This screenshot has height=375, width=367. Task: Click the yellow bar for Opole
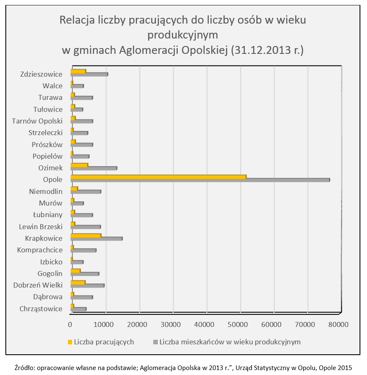158,177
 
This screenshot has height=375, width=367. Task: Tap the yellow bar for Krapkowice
86,236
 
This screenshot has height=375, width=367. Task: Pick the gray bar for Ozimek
94,168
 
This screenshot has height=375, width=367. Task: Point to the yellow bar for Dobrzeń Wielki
78,283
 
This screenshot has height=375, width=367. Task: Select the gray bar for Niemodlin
86,192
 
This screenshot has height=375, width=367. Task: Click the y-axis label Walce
52,86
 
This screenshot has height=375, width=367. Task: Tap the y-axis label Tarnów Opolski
37,121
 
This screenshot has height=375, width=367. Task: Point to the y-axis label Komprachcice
40,250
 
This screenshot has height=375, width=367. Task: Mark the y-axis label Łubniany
48,215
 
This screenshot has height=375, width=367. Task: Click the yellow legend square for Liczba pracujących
70,342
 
